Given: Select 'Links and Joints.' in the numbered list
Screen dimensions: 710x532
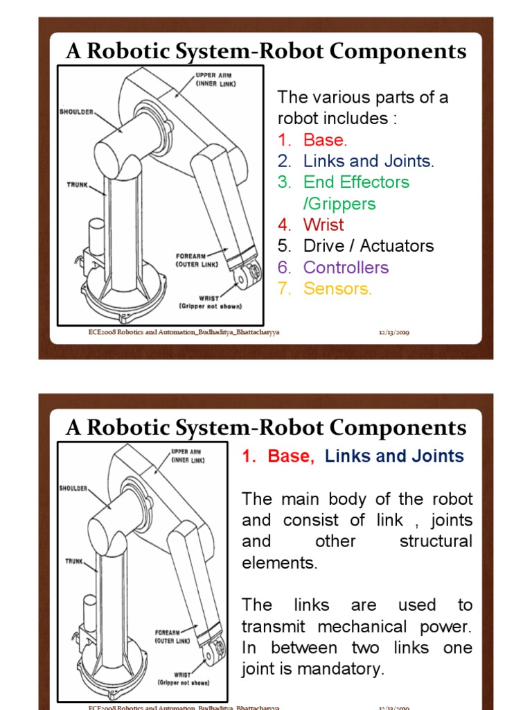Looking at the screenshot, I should (368, 161).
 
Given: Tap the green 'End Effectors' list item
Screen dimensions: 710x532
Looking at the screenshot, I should (356, 182).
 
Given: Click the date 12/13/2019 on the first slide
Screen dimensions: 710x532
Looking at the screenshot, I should (393, 333).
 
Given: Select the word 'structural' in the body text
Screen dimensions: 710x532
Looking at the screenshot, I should (436, 542).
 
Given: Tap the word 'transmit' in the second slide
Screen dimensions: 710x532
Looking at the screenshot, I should (276, 627).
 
